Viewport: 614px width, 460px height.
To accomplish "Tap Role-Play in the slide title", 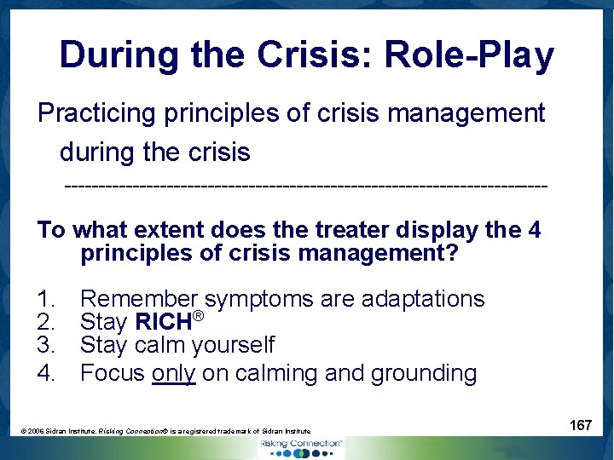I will (469, 56).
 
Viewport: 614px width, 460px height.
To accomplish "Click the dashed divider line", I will (305, 185).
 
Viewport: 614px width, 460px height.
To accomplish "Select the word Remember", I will (138, 300).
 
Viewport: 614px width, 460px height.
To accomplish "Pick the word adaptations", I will (423, 300).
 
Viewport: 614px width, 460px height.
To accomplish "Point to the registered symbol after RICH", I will (198, 317).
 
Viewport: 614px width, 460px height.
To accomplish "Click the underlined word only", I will (174, 373).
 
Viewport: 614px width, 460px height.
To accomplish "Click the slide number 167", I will (581, 425).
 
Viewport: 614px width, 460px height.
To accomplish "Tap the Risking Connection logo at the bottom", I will (301, 448).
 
